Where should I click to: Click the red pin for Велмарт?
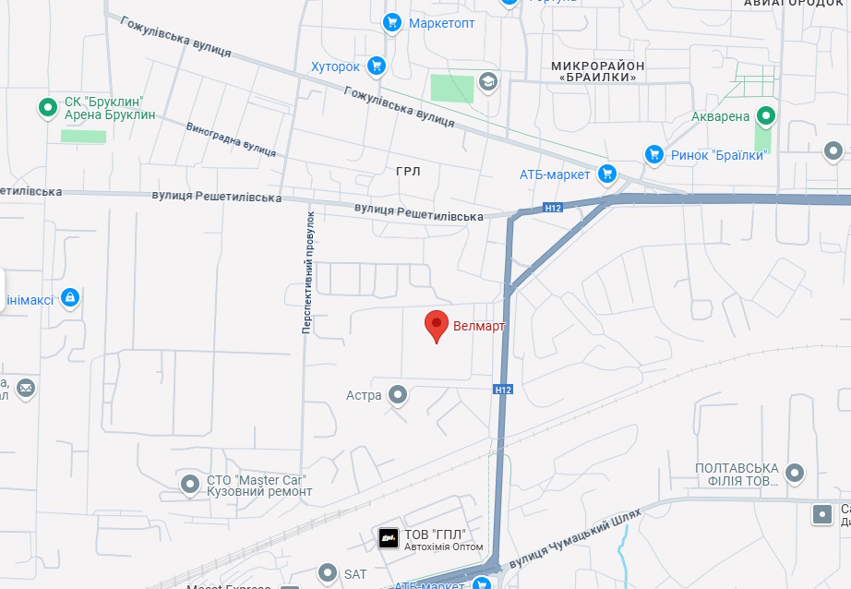click(437, 326)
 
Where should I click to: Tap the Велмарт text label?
click(480, 326)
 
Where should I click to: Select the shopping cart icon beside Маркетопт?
click(392, 22)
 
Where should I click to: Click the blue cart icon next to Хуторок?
click(376, 66)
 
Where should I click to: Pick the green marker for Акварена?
click(765, 116)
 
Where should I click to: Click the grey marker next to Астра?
click(398, 395)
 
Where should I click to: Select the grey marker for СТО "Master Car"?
click(190, 483)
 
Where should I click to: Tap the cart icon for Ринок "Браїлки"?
click(653, 154)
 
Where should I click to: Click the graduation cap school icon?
click(487, 82)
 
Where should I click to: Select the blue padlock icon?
click(69, 297)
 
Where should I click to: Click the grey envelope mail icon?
click(26, 388)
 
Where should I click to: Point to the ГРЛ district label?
click(408, 172)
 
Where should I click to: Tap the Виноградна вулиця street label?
click(231, 138)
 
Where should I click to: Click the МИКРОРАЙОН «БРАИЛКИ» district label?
click(597, 71)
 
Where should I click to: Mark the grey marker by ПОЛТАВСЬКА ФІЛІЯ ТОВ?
click(794, 475)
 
